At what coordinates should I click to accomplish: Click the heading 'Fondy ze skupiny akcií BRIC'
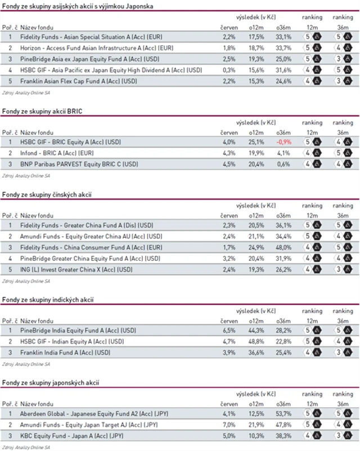coord(42,112)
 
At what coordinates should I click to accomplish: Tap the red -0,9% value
coord(283,142)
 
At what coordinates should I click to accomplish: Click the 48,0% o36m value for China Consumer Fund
coord(283,247)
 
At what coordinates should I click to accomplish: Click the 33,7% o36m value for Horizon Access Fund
coord(283,48)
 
